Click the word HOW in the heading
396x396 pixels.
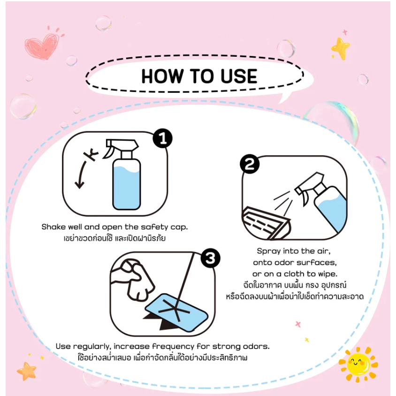(163, 76)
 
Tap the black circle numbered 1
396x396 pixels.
(163, 138)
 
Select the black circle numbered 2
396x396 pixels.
(250, 164)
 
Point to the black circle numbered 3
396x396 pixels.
(210, 258)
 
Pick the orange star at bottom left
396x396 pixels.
(27, 371)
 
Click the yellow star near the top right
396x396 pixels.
(341, 48)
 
